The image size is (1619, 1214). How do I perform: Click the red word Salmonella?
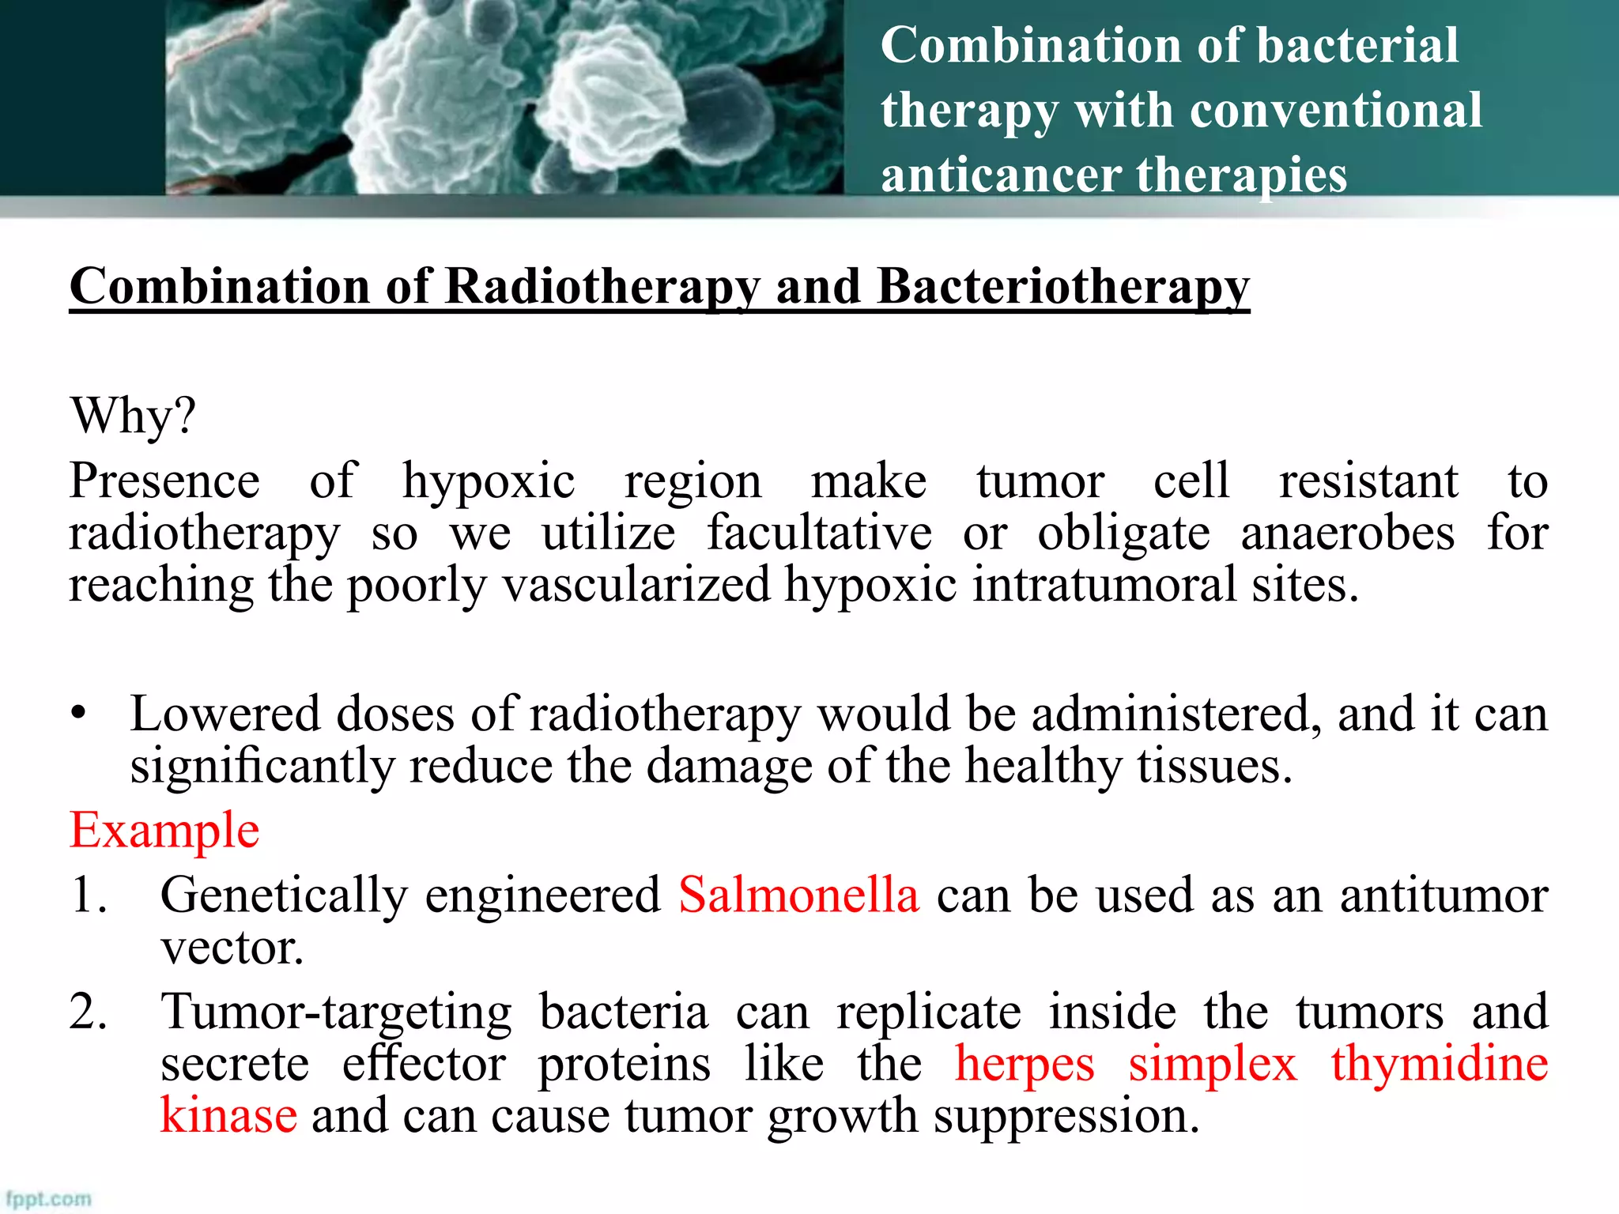coord(798,895)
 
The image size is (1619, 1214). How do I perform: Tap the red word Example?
coord(164,831)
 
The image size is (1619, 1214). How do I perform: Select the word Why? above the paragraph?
coord(133,416)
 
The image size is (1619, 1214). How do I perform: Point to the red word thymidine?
coord(1439,1063)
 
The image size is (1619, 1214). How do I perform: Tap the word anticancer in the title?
coord(1000,175)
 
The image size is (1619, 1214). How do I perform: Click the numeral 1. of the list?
coord(89,895)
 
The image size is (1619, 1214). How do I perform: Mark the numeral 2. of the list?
coord(89,1012)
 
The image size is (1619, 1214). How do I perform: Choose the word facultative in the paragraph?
coord(819,533)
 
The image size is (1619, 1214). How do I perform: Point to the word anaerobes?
coord(1347,533)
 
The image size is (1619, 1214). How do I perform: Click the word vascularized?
coord(636,586)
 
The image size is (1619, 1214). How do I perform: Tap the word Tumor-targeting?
coord(336,1012)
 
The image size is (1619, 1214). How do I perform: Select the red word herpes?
coord(1025,1065)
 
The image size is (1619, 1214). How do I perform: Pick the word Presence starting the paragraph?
coord(164,481)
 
